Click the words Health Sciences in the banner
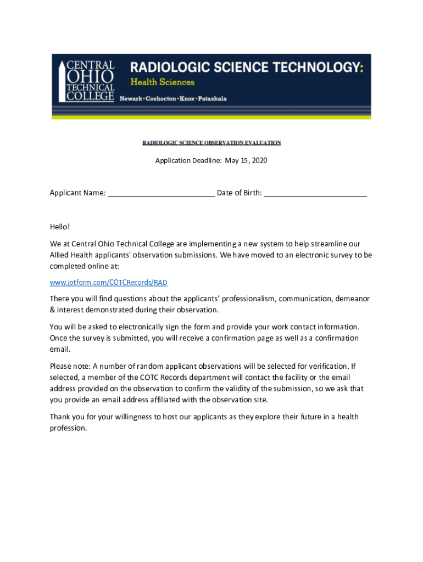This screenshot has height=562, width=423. [162, 82]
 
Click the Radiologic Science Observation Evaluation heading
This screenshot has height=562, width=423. [211, 143]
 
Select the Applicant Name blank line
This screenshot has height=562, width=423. [161, 193]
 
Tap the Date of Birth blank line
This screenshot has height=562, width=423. [315, 193]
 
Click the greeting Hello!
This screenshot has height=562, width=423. [60, 227]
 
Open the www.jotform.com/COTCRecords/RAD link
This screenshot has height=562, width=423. [108, 282]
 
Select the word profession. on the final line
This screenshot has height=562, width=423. [68, 428]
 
